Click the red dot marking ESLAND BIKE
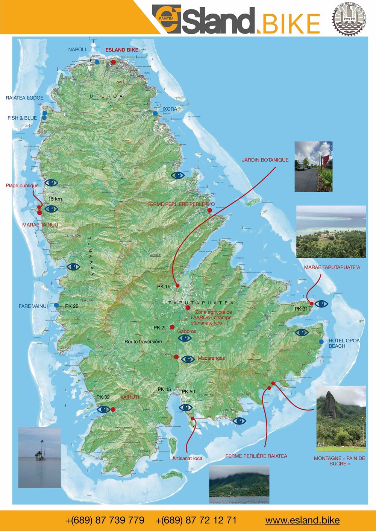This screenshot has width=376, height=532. click(x=114, y=62)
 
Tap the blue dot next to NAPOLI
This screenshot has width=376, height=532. click(x=97, y=62)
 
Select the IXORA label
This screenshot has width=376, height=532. click(x=170, y=109)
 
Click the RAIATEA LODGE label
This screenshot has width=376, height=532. click(x=24, y=98)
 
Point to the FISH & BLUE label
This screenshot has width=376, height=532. click(x=22, y=118)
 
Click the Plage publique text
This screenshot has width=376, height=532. click(x=22, y=185)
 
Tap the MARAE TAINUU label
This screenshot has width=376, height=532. click(x=40, y=225)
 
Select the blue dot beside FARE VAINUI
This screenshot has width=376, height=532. click(x=56, y=305)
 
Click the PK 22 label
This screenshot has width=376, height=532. click(x=72, y=306)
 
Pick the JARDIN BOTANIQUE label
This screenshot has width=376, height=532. click(x=265, y=160)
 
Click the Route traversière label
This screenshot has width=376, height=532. click(x=143, y=342)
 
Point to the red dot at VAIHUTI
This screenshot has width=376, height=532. click(x=113, y=410)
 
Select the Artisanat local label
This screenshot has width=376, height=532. click(x=188, y=458)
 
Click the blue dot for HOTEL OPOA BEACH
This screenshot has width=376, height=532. click(x=321, y=342)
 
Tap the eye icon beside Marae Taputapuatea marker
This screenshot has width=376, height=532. click(x=321, y=304)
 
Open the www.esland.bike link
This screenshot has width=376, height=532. click(x=302, y=520)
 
